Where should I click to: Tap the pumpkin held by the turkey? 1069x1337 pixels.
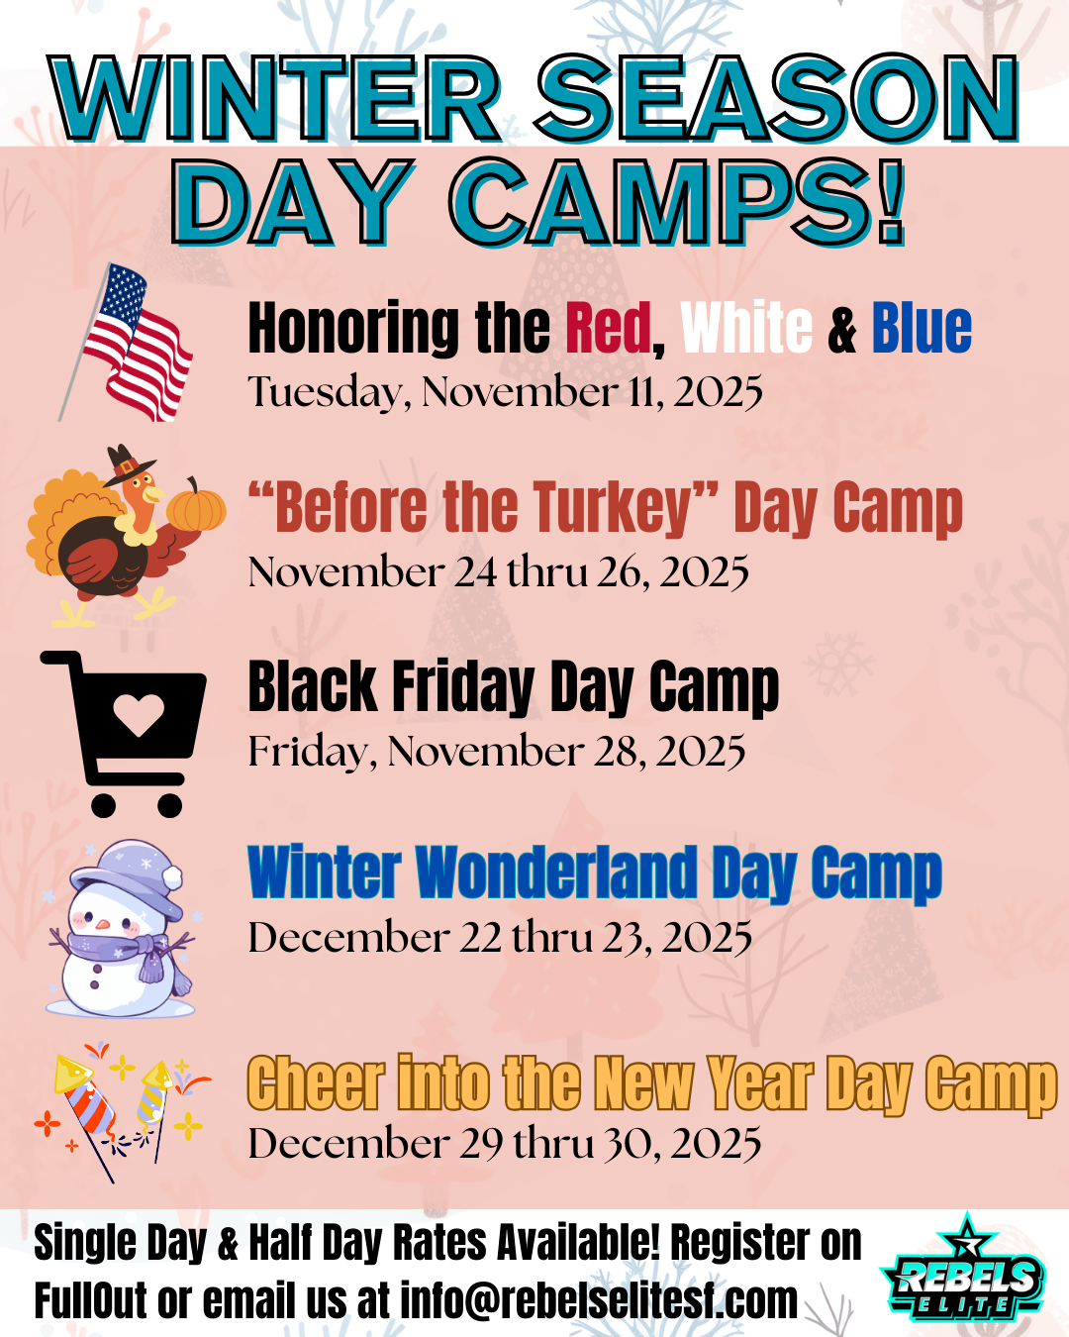(x=196, y=506)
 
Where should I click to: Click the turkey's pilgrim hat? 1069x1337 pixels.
(x=128, y=465)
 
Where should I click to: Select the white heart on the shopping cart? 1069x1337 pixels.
(x=139, y=714)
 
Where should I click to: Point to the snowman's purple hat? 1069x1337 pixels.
(x=128, y=877)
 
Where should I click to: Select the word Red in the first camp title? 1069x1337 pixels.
(x=608, y=328)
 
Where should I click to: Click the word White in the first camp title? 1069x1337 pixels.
(x=746, y=328)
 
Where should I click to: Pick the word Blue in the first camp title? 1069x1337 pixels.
(x=922, y=328)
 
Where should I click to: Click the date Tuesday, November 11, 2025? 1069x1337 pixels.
(x=505, y=391)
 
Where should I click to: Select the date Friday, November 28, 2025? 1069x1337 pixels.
(x=496, y=751)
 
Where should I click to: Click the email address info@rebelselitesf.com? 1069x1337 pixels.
(x=599, y=1299)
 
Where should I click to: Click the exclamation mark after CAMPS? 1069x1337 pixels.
(x=888, y=202)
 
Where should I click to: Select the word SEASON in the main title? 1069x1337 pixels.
(x=778, y=98)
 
